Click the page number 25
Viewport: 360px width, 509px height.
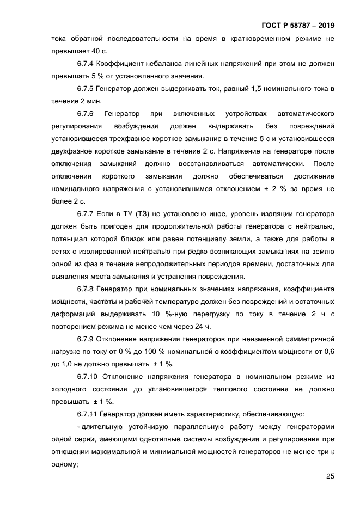point(330,476)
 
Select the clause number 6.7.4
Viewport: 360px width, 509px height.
point(87,64)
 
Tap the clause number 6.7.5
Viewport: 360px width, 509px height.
point(87,89)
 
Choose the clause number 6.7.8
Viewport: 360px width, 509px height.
point(87,289)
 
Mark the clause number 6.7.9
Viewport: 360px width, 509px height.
point(87,339)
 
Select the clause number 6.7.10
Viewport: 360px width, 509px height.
point(89,377)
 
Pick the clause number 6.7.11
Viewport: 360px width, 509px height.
point(89,414)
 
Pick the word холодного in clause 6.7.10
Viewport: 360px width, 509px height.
point(74,389)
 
